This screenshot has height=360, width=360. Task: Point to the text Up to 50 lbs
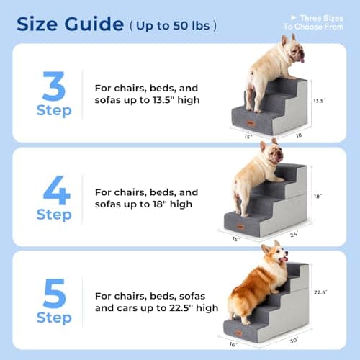click(x=173, y=25)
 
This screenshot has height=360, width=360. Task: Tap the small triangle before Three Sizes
click(x=292, y=16)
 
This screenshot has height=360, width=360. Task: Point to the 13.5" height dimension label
click(x=319, y=102)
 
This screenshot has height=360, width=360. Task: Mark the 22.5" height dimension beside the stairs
click(x=321, y=292)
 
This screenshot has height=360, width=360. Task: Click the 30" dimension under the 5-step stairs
click(x=292, y=340)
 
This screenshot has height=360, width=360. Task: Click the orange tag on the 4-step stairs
click(x=240, y=225)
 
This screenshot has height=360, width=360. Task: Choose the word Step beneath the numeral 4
click(x=54, y=215)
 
